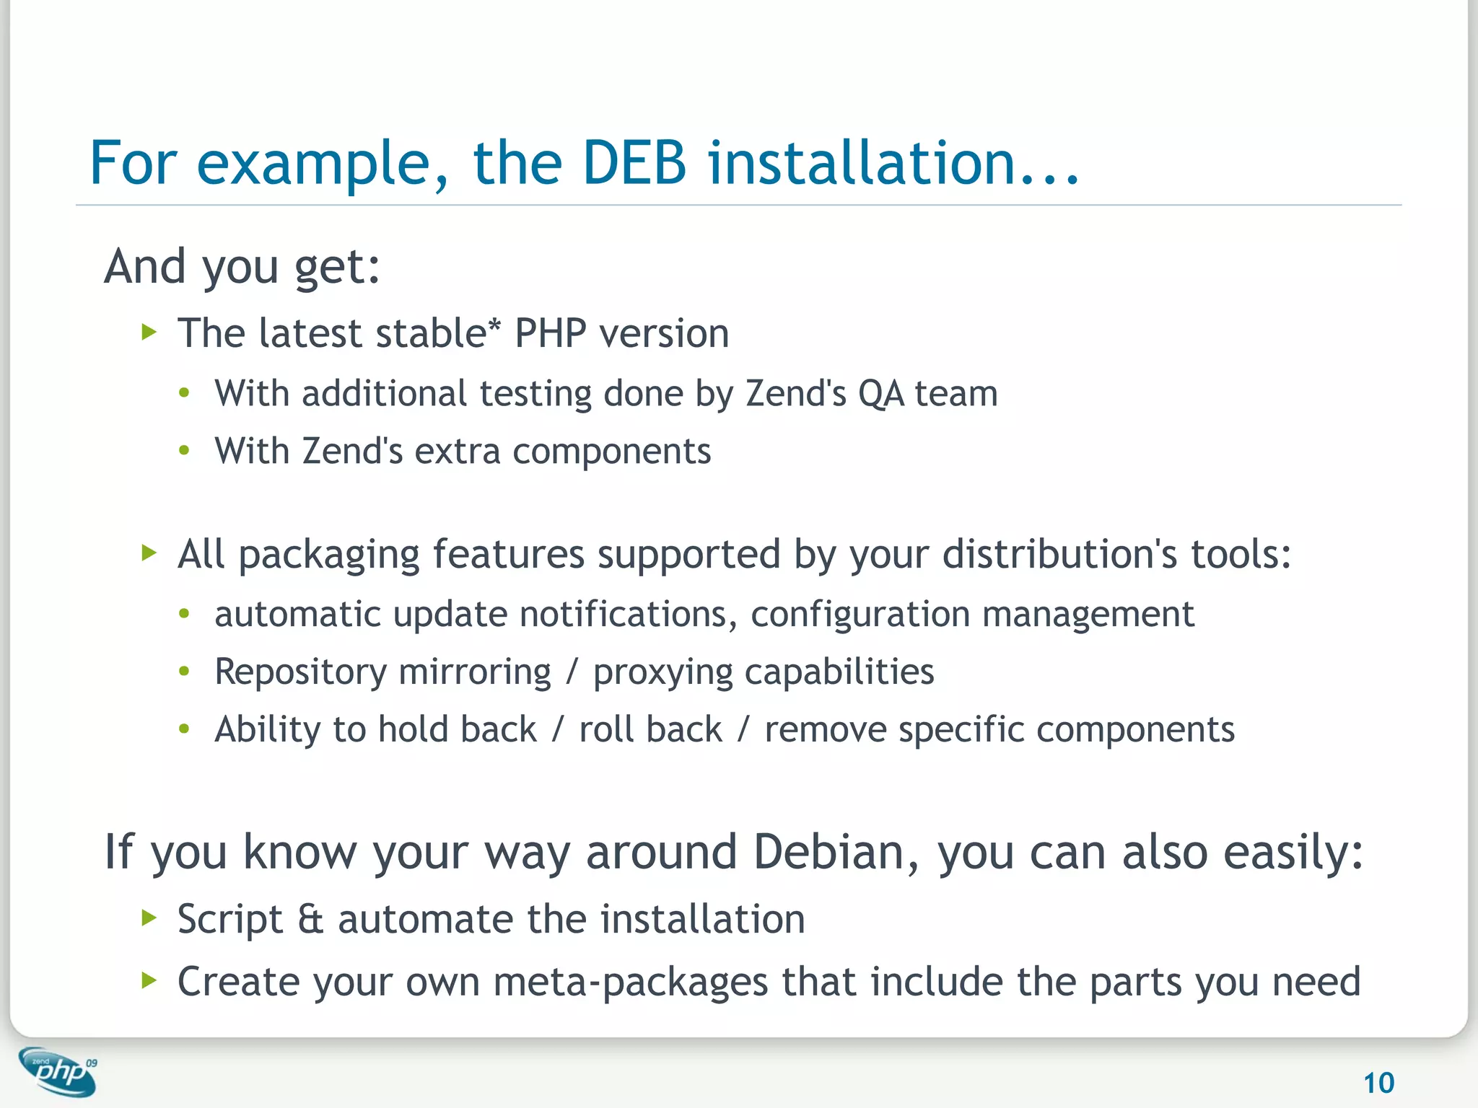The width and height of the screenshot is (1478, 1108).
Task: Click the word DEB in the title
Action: [x=634, y=163]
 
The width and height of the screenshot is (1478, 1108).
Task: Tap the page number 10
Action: [x=1378, y=1083]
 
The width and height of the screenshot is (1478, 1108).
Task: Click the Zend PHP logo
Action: [x=58, y=1072]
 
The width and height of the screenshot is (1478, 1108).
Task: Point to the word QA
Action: [x=880, y=394]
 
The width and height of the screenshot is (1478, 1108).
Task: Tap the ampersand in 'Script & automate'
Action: [x=310, y=920]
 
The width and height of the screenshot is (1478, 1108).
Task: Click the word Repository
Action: [x=301, y=672]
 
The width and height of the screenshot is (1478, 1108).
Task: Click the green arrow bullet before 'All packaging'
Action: [x=149, y=553]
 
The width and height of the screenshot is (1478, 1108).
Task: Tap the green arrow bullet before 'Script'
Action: [x=149, y=918]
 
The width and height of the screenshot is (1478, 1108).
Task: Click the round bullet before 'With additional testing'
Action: [x=185, y=393]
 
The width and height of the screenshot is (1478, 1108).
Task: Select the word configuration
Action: [x=860, y=615]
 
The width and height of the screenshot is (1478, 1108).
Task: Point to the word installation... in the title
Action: [x=893, y=163]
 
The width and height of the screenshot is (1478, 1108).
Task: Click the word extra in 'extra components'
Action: [x=458, y=452]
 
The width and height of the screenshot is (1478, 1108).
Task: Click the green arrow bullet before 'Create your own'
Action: [x=149, y=980]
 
